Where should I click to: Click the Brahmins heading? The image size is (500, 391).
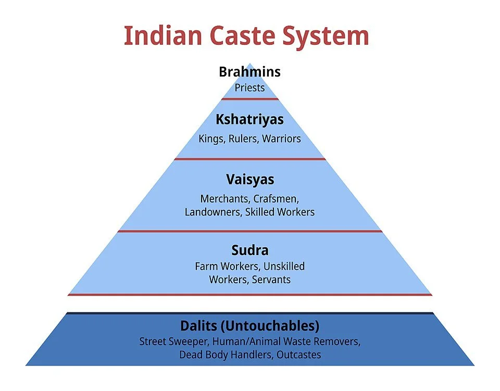click(x=249, y=71)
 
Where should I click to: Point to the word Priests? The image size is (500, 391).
click(x=249, y=87)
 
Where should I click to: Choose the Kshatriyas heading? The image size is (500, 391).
click(x=249, y=119)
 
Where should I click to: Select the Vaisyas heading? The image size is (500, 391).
click(x=249, y=180)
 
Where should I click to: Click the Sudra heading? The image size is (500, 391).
click(x=249, y=250)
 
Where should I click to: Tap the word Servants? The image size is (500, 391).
click(x=271, y=280)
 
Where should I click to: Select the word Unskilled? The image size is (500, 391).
click(x=284, y=267)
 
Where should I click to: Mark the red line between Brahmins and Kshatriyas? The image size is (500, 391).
click(x=249, y=98)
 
